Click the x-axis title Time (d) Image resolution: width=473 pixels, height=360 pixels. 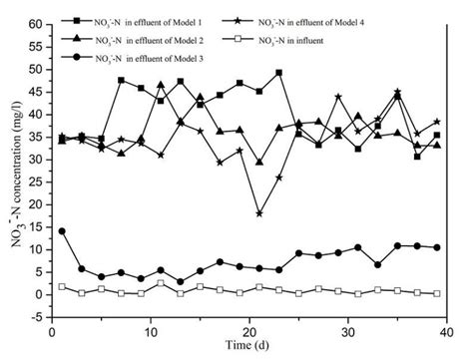pyautogui.click(x=245, y=345)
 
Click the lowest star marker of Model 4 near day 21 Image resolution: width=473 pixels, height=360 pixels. pyautogui.click(x=259, y=213)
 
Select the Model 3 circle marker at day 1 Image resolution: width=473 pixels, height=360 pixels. pyautogui.click(x=62, y=231)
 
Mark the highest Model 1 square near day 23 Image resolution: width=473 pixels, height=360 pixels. pyautogui.click(x=278, y=73)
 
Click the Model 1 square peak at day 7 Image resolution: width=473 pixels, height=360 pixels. pyautogui.click(x=121, y=80)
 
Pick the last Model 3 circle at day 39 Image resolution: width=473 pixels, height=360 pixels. pyautogui.click(x=436, y=247)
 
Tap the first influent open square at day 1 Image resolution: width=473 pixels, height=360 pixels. pyautogui.click(x=62, y=286)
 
